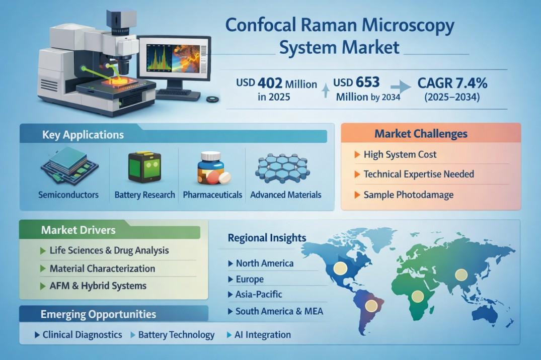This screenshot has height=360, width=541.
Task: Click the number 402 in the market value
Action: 270,83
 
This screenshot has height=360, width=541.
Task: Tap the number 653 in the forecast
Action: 368,82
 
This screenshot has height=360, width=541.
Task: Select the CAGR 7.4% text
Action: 452,83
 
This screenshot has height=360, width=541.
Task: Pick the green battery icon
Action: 144,167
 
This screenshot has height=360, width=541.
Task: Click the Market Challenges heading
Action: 421,134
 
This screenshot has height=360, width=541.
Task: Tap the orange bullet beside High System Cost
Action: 357,154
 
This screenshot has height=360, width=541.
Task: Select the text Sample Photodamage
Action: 409,195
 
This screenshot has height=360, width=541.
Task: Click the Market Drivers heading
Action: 79,230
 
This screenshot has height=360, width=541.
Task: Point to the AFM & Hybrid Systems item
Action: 98,286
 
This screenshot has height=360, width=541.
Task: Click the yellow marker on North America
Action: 340,268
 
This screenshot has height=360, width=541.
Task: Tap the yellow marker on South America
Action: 371,305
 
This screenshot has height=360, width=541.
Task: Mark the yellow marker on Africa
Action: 418,296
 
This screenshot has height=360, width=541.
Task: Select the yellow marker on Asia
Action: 461,275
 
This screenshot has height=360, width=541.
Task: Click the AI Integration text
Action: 263,335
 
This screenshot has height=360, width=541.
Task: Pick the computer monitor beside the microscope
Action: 174,66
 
